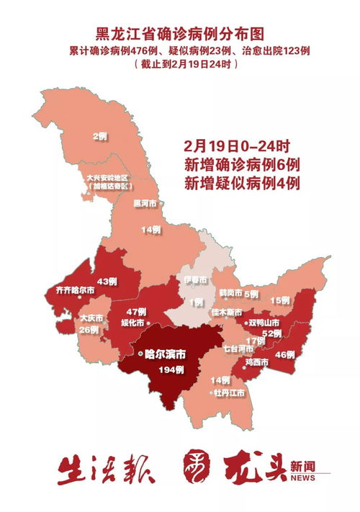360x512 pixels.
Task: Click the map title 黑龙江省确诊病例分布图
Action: pyautogui.click(x=179, y=33)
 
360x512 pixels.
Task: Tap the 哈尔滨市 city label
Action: pyautogui.click(x=165, y=354)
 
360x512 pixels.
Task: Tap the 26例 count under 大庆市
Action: pyautogui.click(x=89, y=330)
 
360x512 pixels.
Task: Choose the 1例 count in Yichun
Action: pyautogui.click(x=196, y=303)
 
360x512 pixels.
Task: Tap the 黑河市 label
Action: pyautogui.click(x=146, y=203)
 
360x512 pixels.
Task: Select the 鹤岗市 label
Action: pyautogui.click(x=230, y=294)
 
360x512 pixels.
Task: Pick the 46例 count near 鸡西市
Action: pyautogui.click(x=285, y=354)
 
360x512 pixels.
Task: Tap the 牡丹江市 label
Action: pyautogui.click(x=228, y=393)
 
